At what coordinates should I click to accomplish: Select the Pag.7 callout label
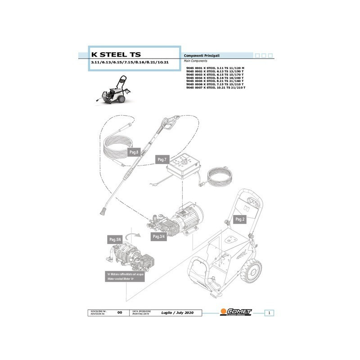(162, 160)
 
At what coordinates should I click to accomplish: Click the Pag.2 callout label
(240, 219)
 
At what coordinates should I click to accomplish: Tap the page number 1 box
(268, 312)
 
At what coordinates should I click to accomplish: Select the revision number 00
(119, 312)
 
